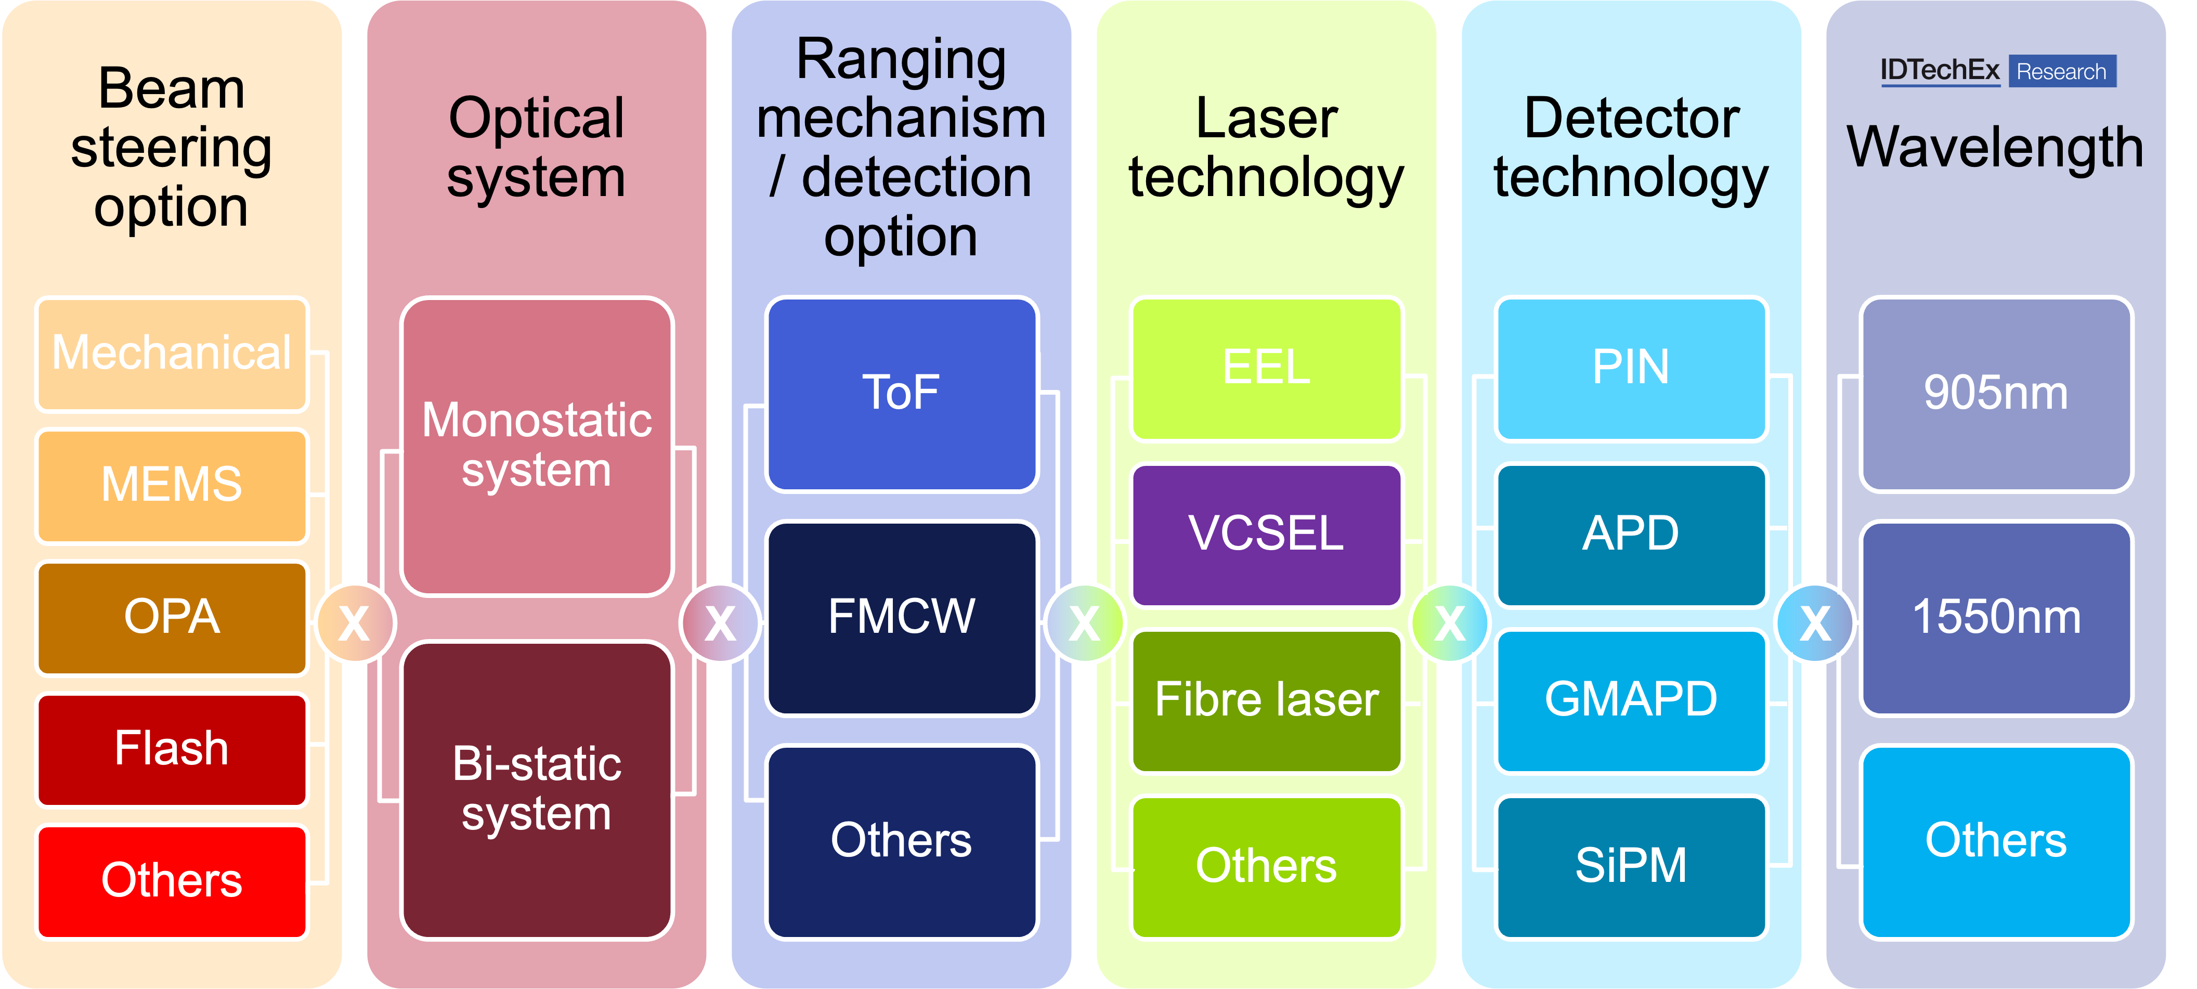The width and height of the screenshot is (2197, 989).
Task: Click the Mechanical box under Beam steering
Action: pyautogui.click(x=172, y=353)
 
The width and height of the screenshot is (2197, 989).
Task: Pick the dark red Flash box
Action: pyautogui.click(x=172, y=749)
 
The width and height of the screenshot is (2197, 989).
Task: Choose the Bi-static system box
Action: pyautogui.click(x=537, y=789)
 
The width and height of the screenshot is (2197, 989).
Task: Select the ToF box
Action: pyautogui.click(x=902, y=393)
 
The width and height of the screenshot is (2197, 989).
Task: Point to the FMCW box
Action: pyautogui.click(x=902, y=617)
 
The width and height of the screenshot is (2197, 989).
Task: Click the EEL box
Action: pyautogui.click(x=1267, y=368)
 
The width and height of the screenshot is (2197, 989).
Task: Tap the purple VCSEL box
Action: pyautogui.click(x=1267, y=535)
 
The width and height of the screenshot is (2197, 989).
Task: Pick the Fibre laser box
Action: pyautogui.click(x=1267, y=700)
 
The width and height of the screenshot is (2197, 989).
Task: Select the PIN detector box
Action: pyautogui.click(x=1631, y=368)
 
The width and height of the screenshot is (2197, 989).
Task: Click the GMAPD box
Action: pyautogui.click(x=1631, y=700)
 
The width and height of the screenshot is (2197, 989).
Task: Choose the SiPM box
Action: pyautogui.click(x=1631, y=866)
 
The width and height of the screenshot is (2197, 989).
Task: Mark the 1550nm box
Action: pyautogui.click(x=1996, y=617)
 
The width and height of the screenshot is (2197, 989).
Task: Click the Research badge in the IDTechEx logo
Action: pyautogui.click(x=2061, y=72)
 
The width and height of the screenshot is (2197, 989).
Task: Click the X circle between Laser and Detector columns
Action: pyautogui.click(x=1450, y=623)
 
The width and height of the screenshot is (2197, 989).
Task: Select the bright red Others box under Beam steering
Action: pyautogui.click(x=172, y=881)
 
